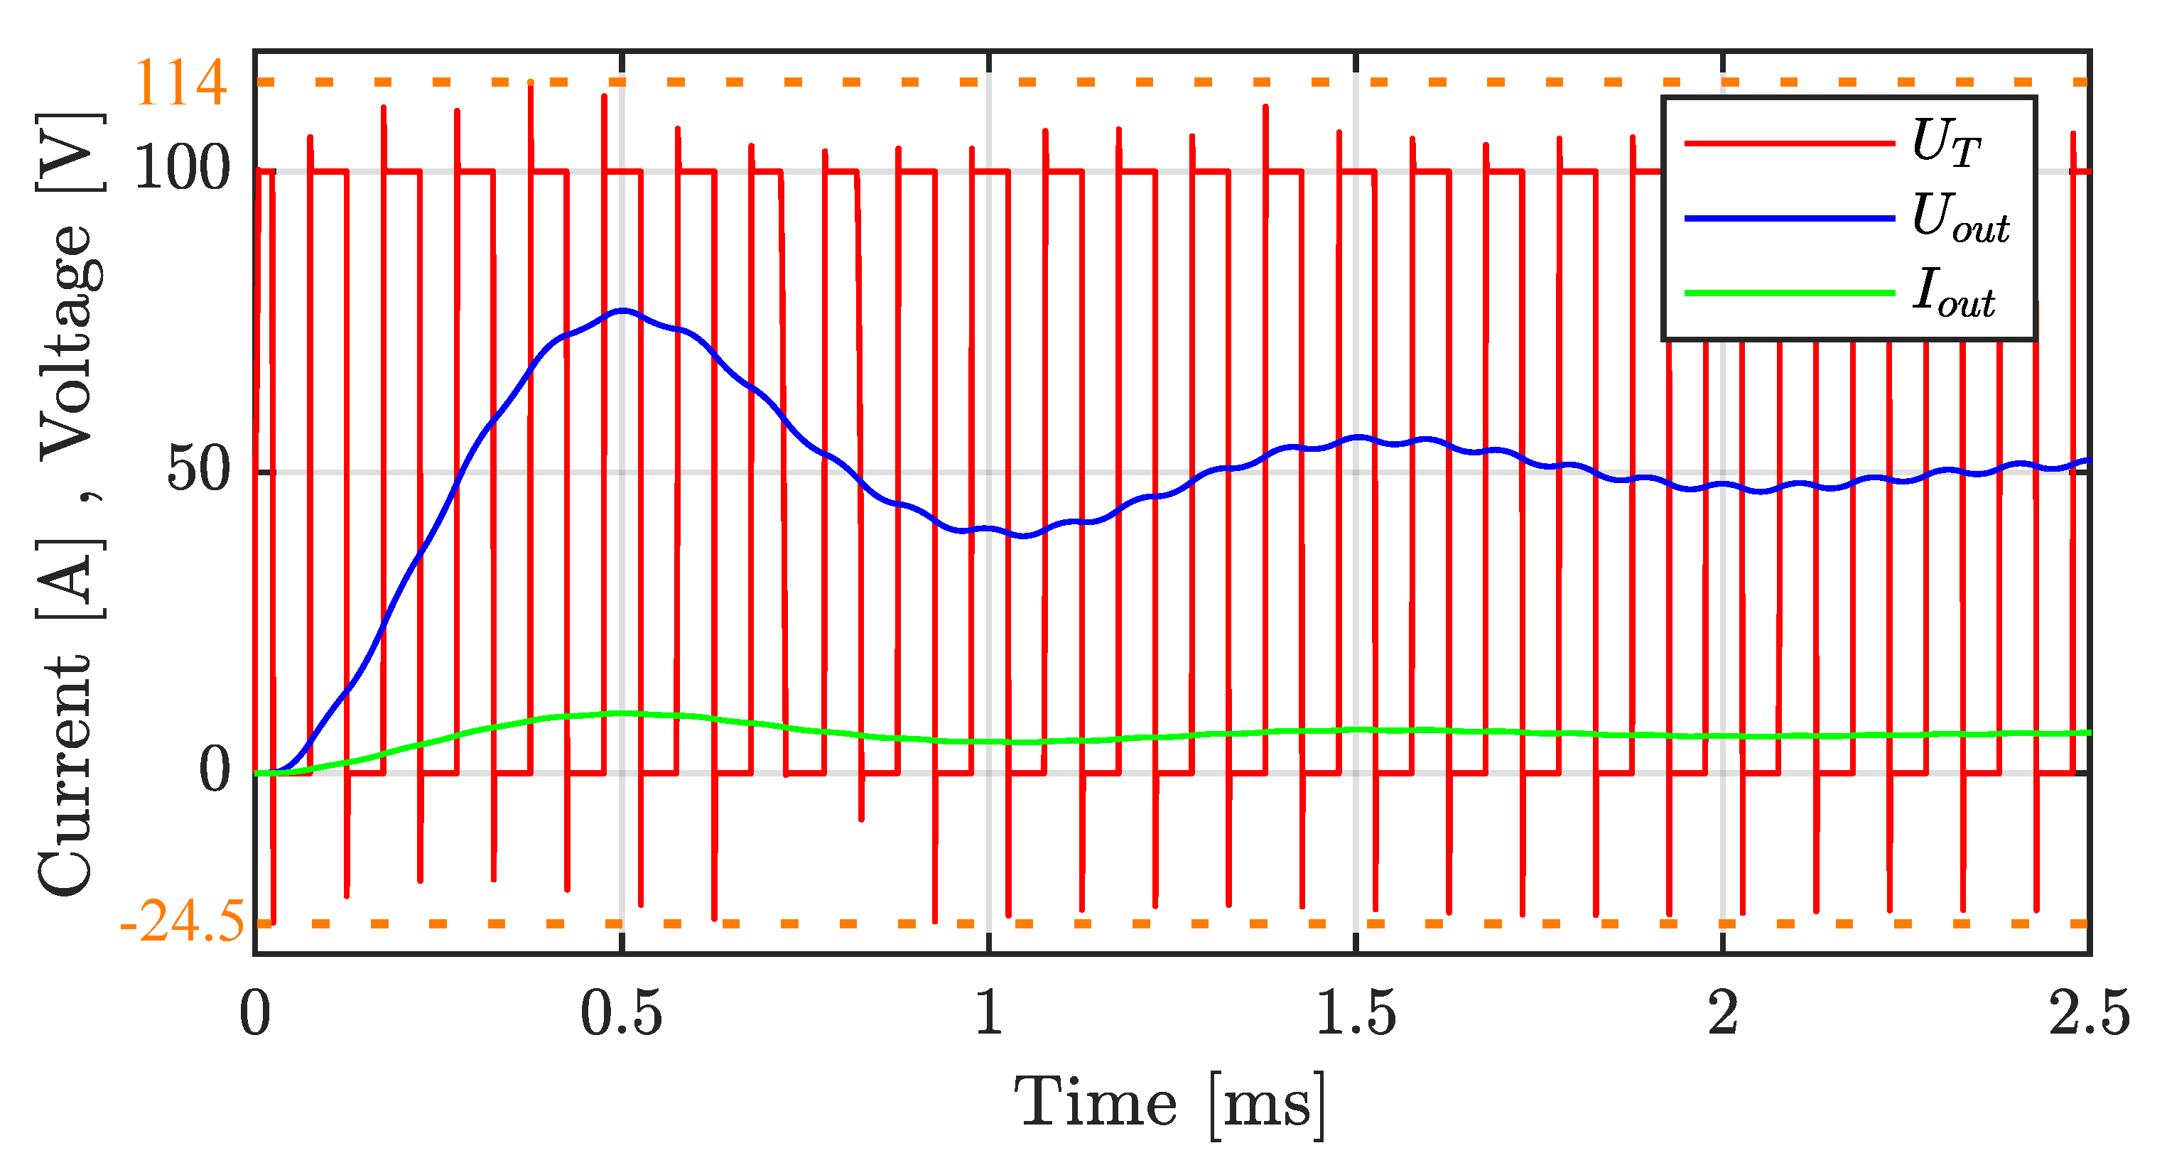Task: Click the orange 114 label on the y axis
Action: tap(180, 82)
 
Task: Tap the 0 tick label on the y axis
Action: tap(214, 769)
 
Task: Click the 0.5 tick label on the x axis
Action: tap(621, 1012)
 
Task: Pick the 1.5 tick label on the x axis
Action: tap(1355, 1012)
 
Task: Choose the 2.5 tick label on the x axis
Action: tap(2088, 1012)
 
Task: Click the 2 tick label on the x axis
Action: tap(1722, 1012)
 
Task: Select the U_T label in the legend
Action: tap(1945, 142)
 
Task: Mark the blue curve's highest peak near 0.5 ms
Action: tap(622, 310)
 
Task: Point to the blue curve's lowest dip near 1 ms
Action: tap(1024, 535)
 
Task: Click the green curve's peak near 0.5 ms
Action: tap(622, 713)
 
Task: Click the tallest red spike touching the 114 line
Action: tap(531, 84)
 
